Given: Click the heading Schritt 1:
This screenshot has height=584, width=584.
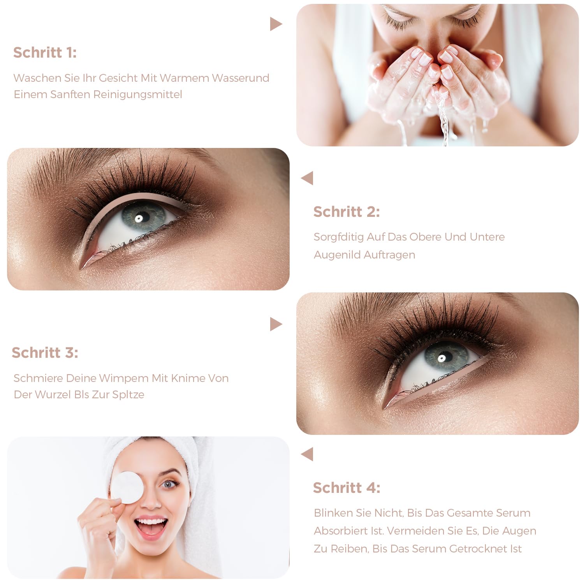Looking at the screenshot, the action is [x=45, y=53].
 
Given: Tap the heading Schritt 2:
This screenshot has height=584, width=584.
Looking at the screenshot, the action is [x=347, y=212].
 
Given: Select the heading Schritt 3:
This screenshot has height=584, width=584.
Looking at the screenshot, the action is [x=45, y=353].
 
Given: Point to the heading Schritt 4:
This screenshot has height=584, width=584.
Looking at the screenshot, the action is [x=347, y=488].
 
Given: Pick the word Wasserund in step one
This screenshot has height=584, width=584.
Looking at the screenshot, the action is [x=241, y=78].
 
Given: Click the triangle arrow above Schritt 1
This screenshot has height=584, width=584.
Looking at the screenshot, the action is [x=276, y=24].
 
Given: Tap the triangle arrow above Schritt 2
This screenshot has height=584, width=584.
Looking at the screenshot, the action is [x=307, y=178].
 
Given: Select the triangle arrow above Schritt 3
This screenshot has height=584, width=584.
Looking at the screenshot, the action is [x=276, y=324].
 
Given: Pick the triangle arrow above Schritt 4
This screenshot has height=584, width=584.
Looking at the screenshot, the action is [x=307, y=454].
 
